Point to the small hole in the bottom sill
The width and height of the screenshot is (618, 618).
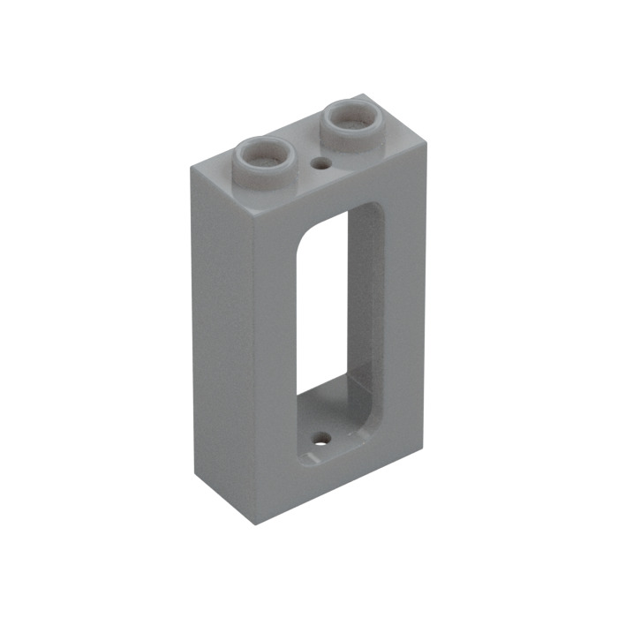(x=324, y=437)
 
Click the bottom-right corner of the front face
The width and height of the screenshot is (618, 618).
(x=424, y=447)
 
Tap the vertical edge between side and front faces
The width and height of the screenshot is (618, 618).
(x=253, y=371)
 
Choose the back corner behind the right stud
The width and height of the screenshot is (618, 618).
(x=362, y=95)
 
